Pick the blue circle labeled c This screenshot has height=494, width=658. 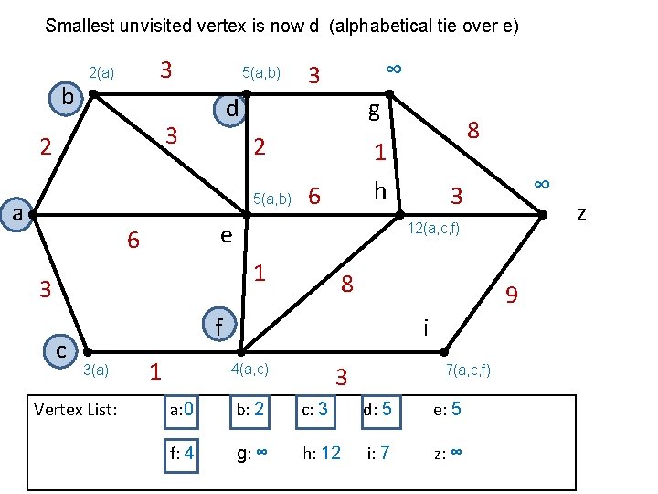pos(60,349)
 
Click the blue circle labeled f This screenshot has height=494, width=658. pos(217,325)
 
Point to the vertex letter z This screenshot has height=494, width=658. pos(582,214)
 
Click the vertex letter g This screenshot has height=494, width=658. pos(373,111)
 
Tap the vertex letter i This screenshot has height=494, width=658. pos(425,326)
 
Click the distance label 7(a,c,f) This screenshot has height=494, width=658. pos(468,370)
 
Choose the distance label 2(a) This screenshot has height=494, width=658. pos(101,72)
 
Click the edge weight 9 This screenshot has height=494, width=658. pos(512,295)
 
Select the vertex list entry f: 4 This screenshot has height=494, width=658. pos(181,451)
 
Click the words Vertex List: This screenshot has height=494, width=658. pos(75,409)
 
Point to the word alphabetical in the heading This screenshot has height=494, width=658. pos(377,26)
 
